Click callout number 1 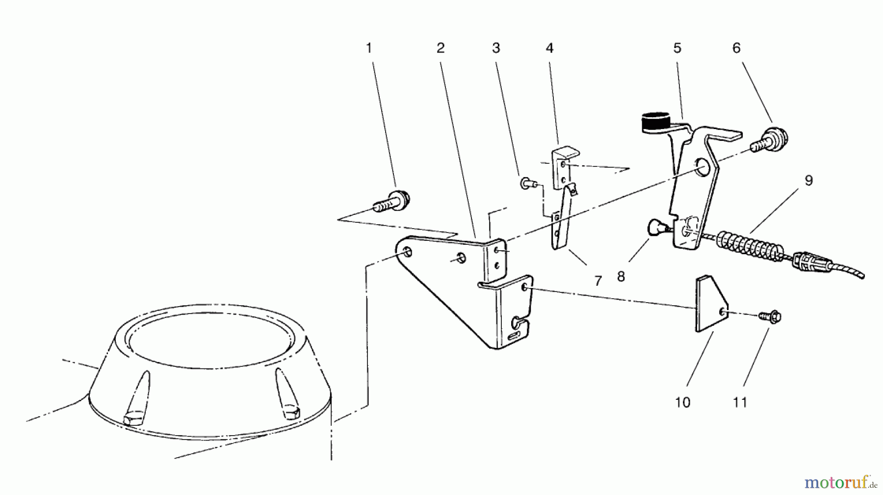tap(369, 48)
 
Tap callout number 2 tap(440, 48)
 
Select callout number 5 tap(677, 48)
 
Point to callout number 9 tap(808, 180)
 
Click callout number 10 tap(682, 402)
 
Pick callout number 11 tap(740, 402)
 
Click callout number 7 tap(597, 281)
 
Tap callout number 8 tap(621, 277)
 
